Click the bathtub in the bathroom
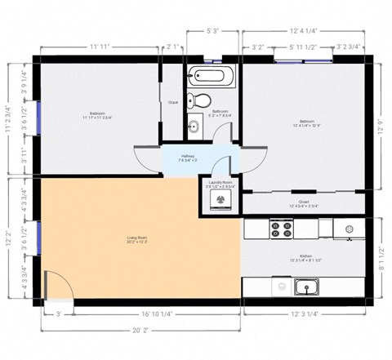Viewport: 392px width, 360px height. pyautogui.click(x=211, y=79)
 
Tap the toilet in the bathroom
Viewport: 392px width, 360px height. pyautogui.click(x=194, y=102)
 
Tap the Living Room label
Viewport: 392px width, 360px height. pyautogui.click(x=137, y=240)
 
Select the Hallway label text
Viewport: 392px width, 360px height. pyautogui.click(x=189, y=158)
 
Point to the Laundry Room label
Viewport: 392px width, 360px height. pyautogui.click(x=221, y=184)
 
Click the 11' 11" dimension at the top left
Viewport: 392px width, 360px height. pyautogui.click(x=100, y=47)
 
